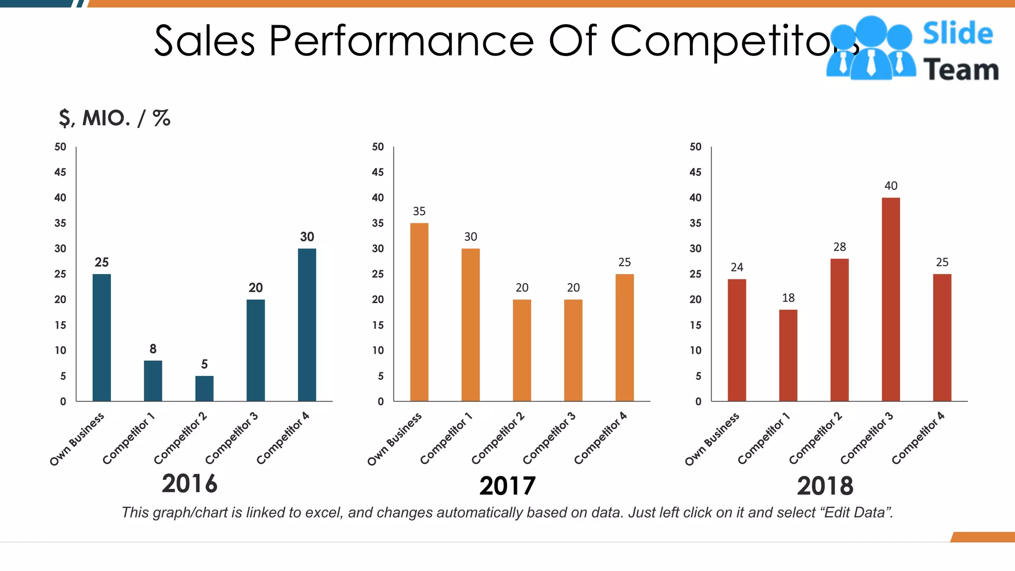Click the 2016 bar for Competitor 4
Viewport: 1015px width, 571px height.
click(307, 325)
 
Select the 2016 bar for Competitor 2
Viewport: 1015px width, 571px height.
click(204, 389)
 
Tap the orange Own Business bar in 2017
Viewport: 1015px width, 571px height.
click(419, 312)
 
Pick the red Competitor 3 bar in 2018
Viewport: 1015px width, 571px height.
click(891, 299)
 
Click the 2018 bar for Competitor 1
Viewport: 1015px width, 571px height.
click(788, 355)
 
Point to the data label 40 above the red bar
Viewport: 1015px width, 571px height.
click(891, 186)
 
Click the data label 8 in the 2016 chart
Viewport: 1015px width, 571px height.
click(153, 349)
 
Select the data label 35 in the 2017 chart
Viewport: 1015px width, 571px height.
click(419, 212)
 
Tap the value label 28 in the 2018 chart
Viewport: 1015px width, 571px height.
click(840, 247)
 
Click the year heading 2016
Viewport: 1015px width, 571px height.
click(189, 484)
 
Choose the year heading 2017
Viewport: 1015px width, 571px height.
click(507, 486)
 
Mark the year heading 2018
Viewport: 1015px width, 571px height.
click(825, 486)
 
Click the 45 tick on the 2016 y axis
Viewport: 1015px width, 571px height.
click(60, 172)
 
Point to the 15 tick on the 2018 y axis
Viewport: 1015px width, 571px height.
click(695, 325)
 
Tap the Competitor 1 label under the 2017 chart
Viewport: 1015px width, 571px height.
click(446, 439)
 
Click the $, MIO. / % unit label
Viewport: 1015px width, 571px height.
click(114, 118)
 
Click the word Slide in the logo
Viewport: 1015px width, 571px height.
click(958, 34)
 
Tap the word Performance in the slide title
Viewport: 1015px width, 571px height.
click(401, 41)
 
